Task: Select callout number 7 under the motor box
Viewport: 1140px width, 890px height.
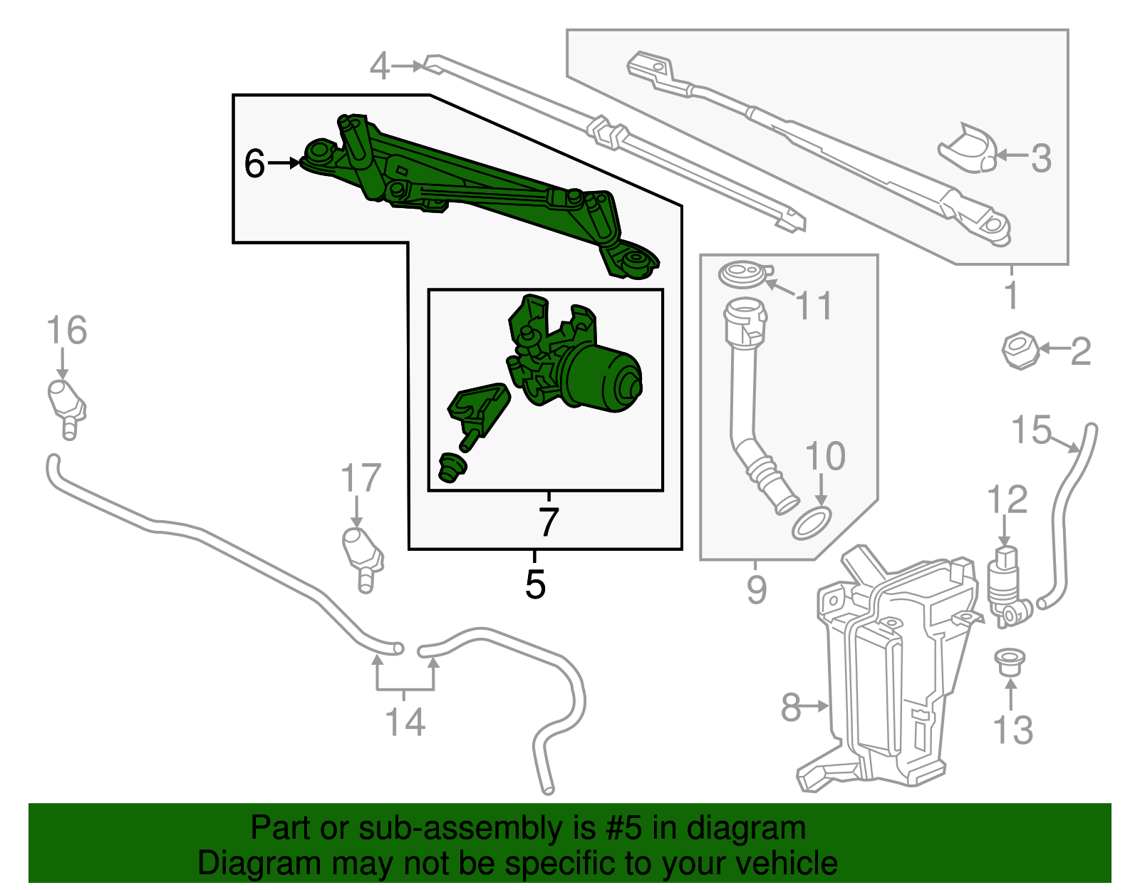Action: tap(548, 522)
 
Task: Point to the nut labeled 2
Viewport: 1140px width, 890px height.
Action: tap(1020, 350)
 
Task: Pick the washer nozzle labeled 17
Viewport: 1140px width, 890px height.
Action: tap(363, 559)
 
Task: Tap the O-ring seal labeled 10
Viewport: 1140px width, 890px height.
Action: tap(812, 524)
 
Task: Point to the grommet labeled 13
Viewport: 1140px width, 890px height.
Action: tap(1009, 661)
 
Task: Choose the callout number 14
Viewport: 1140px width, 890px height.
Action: tap(405, 722)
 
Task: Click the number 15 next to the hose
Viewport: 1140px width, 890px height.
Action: tap(1031, 430)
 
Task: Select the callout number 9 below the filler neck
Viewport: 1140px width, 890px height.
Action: tap(756, 590)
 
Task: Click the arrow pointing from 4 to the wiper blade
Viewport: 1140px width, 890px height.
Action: tap(408, 66)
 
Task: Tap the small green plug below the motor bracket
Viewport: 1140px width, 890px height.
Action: tap(451, 468)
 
